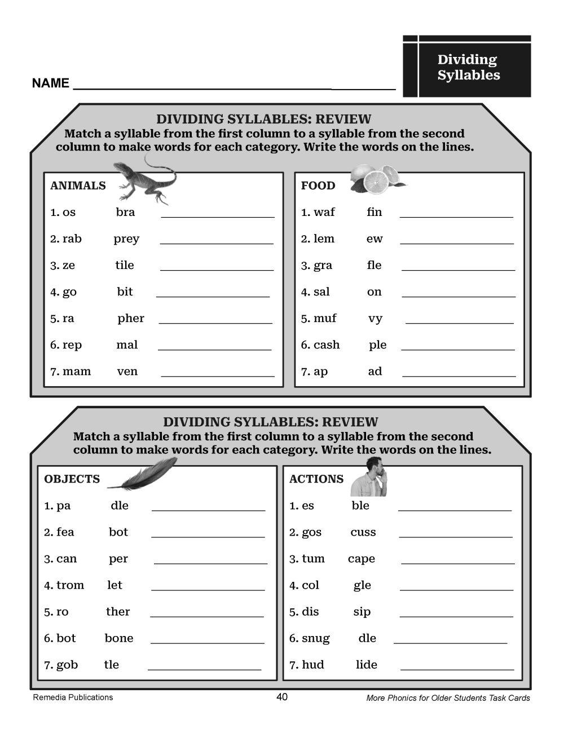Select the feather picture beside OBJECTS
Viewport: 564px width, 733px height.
144,475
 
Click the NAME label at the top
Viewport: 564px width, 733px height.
50,83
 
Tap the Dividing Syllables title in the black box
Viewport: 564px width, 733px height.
468,68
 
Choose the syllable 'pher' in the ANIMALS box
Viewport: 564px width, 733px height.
131,319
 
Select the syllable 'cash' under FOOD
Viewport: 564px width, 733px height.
327,345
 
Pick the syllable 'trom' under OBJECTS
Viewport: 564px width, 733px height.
70,585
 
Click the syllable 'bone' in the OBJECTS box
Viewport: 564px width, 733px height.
119,638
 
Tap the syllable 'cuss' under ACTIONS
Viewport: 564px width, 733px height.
363,532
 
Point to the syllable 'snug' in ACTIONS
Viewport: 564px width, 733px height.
316,638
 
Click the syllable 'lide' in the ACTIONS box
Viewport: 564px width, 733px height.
367,665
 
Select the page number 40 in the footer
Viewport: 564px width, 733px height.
282,697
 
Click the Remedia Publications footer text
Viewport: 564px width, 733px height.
73,697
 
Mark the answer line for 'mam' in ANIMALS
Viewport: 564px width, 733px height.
218,374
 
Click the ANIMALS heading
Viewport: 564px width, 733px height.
78,186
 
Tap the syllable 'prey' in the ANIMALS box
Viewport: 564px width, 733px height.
126,239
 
